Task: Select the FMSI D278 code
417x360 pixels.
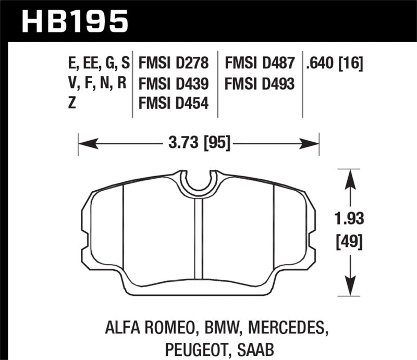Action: coord(174,64)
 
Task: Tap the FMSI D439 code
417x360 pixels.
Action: coord(174,83)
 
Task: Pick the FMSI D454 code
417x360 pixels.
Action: coord(174,103)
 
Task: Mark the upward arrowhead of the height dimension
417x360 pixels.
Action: coord(348,178)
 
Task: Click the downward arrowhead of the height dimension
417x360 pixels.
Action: coord(348,290)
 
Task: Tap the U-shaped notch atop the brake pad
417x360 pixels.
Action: coord(198,182)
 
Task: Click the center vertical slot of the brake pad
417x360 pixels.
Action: coord(198,240)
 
